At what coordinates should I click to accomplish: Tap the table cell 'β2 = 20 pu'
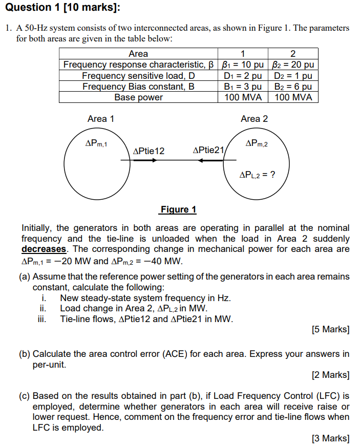click(293, 65)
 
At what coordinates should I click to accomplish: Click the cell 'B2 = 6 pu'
click(293, 87)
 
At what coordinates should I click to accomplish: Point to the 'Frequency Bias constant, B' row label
click(138, 87)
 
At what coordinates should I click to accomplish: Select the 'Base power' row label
click(138, 97)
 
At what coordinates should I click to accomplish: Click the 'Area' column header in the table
click(138, 54)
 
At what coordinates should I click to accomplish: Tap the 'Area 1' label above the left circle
click(101, 119)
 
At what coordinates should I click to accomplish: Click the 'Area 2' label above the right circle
click(255, 119)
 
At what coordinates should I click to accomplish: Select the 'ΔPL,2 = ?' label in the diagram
click(258, 175)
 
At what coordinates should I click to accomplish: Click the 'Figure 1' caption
click(178, 209)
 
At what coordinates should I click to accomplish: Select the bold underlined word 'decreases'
click(44, 249)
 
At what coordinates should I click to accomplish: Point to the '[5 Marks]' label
click(331, 329)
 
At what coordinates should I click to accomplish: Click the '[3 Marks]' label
click(331, 438)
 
